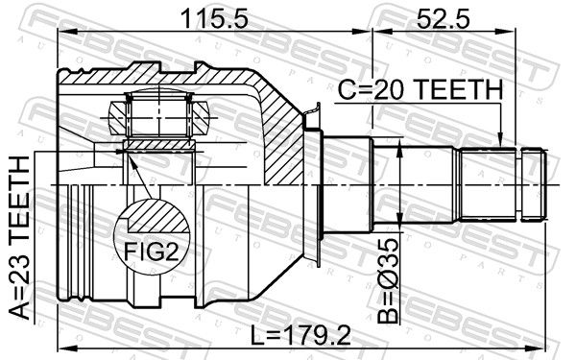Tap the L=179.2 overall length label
coord(300,335)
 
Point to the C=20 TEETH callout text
coord(420,90)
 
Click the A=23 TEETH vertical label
coord(19,237)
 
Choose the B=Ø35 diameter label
coord(388,281)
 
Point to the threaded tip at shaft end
coord(534,184)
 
